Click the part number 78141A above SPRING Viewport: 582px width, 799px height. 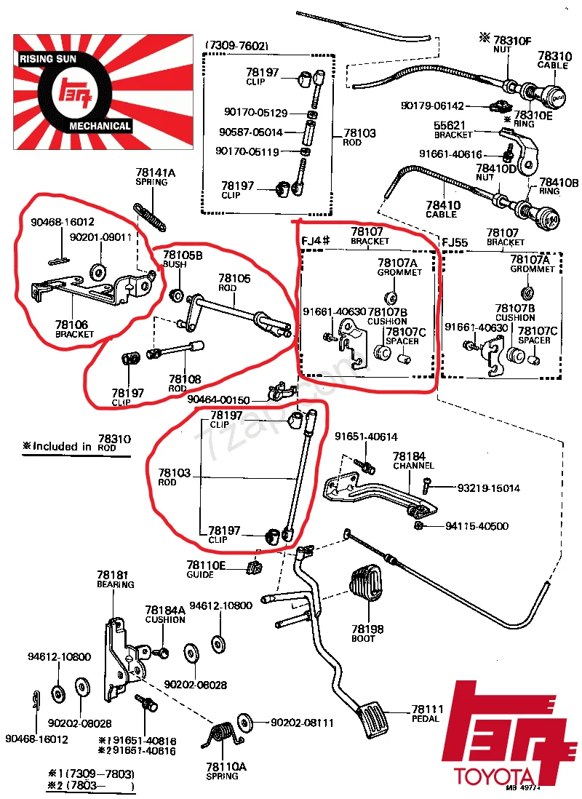click(x=155, y=172)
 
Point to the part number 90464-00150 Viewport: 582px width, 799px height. click(x=218, y=399)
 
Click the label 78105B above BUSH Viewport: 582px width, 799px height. click(x=183, y=255)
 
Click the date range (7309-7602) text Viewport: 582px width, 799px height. click(x=236, y=46)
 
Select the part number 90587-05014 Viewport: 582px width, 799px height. click(x=255, y=132)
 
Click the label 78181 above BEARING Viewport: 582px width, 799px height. click(x=113, y=574)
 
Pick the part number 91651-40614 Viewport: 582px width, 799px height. click(x=366, y=437)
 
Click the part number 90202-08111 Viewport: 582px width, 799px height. click(x=302, y=723)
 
